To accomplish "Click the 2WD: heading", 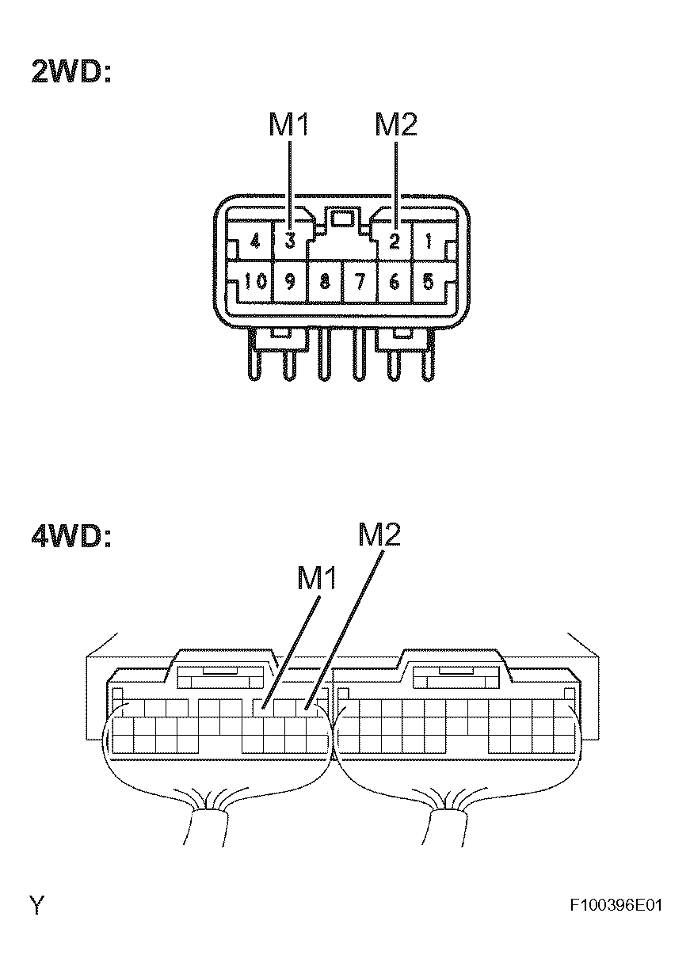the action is click(x=71, y=71).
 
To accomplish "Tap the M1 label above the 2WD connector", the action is click(x=289, y=124).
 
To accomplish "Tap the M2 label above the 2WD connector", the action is click(x=396, y=124).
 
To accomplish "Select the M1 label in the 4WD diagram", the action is click(x=317, y=578).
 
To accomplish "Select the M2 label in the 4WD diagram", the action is click(x=379, y=535).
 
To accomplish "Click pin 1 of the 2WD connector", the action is click(x=429, y=241).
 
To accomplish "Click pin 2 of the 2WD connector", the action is click(x=395, y=241).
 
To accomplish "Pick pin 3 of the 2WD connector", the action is click(x=290, y=241).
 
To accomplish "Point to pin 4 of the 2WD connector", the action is click(x=255, y=241).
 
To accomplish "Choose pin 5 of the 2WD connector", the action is click(x=429, y=282).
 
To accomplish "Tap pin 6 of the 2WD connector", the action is click(x=395, y=282).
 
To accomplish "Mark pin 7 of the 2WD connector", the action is click(x=360, y=282).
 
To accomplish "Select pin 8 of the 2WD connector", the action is click(x=325, y=282).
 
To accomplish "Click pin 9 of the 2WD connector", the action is click(x=290, y=282).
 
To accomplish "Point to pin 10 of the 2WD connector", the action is click(x=255, y=282).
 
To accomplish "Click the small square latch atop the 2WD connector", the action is click(x=342, y=219).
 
